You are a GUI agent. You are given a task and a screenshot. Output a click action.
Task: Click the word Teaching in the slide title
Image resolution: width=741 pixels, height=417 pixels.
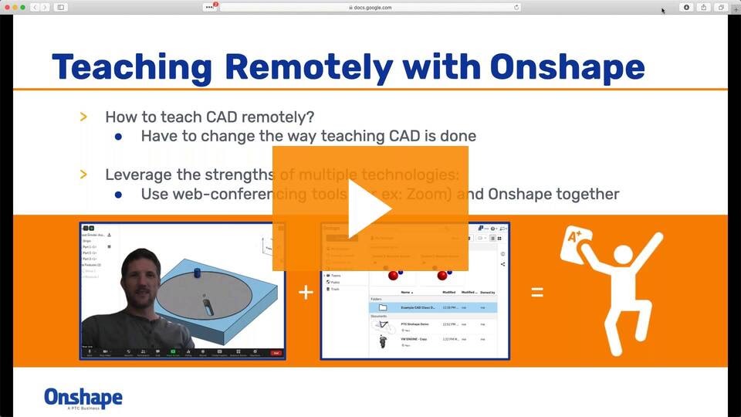coord(131,67)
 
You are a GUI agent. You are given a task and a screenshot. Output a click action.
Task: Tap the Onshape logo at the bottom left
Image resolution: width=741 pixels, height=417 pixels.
coord(83,398)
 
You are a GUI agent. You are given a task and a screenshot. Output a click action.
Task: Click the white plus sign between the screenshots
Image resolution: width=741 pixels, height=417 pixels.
coord(306,292)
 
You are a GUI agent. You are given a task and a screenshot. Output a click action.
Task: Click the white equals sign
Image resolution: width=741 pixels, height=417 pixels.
coord(536,292)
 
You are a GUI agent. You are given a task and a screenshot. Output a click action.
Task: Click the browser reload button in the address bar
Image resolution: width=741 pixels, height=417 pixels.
coord(516,7)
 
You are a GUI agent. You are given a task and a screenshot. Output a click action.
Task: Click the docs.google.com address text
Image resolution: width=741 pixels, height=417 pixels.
coord(373,7)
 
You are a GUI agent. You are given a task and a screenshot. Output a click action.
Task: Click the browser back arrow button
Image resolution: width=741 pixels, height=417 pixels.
coord(35,7)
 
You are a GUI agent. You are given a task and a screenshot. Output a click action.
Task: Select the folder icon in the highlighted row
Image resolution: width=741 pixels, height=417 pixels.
coord(383,307)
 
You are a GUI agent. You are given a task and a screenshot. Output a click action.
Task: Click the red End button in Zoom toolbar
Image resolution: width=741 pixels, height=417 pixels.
coord(276,353)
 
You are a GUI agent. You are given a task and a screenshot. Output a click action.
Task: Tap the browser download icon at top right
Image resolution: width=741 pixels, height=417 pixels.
coord(686,7)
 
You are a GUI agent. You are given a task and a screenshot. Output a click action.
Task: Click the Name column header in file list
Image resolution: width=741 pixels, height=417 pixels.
coord(406,293)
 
